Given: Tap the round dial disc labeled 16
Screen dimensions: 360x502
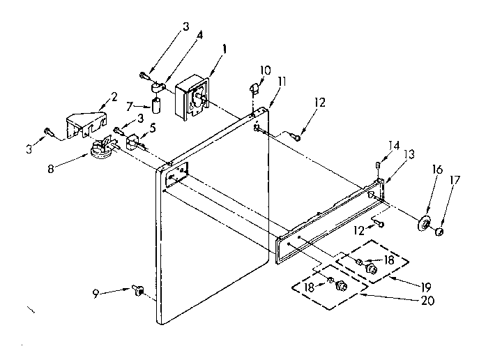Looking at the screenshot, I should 423,224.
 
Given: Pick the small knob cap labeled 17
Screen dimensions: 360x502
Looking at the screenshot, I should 440,232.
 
